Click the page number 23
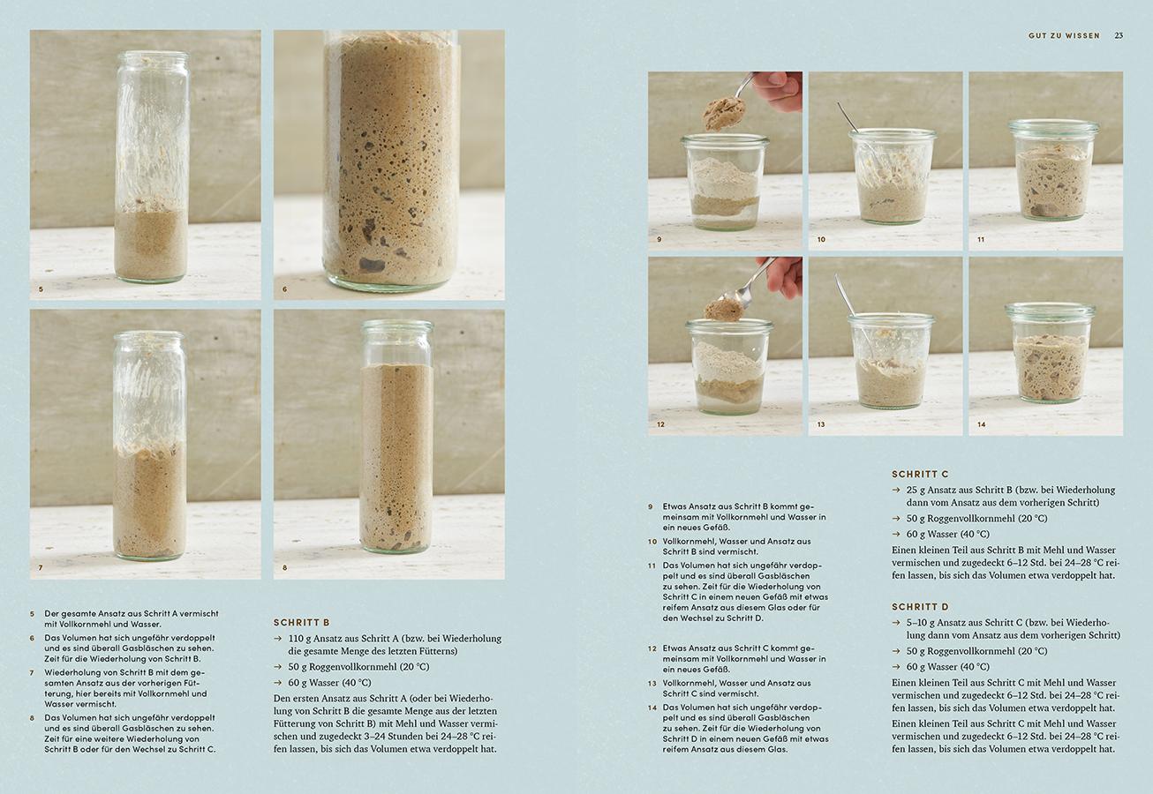click(x=1119, y=35)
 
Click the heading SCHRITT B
click(x=301, y=623)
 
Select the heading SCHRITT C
click(x=920, y=474)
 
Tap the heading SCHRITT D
click(x=920, y=607)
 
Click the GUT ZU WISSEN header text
click(x=1064, y=35)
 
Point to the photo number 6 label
click(x=284, y=289)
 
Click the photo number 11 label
click(x=981, y=239)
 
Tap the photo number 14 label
click(x=981, y=424)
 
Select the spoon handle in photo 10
click(x=848, y=117)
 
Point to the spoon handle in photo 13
click(x=845, y=295)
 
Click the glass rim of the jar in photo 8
click(x=397, y=325)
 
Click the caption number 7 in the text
click(x=32, y=672)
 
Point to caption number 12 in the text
click(x=652, y=648)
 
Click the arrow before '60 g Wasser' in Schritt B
click(x=278, y=683)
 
